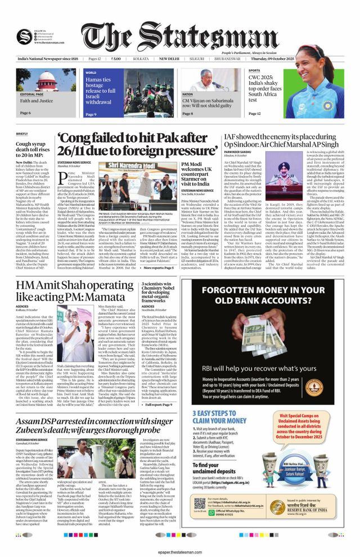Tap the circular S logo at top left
coord(24,37)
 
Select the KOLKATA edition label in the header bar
coord(141,59)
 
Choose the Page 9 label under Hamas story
coord(91,114)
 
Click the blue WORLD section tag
coord(91,73)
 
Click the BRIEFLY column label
coord(22,134)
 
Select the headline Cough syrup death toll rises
coord(35,151)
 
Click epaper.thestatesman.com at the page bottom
coord(180,550)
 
